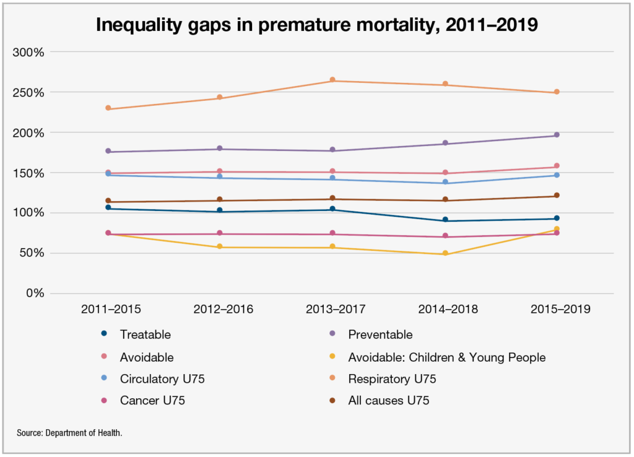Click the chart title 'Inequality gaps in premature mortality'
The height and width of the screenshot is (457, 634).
[x=317, y=25]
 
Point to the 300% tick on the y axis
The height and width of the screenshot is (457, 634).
[x=28, y=52]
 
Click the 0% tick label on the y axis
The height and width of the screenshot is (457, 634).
[x=34, y=293]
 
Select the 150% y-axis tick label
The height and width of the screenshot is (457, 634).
[x=28, y=173]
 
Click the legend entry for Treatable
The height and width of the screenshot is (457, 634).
[x=145, y=335]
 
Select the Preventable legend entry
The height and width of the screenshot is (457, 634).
[x=380, y=335]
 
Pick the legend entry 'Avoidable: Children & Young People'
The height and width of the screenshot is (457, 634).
[x=446, y=357]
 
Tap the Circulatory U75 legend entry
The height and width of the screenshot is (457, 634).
[x=162, y=379]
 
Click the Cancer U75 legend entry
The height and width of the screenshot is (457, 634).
[x=152, y=401]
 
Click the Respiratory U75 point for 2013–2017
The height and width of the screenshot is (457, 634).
[x=332, y=81]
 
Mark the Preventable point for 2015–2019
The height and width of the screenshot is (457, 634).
[x=557, y=135]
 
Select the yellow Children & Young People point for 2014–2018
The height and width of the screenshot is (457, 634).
[x=445, y=253]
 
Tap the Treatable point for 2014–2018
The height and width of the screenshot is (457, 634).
[x=445, y=220]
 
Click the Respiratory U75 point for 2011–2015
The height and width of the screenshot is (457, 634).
[x=108, y=108]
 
